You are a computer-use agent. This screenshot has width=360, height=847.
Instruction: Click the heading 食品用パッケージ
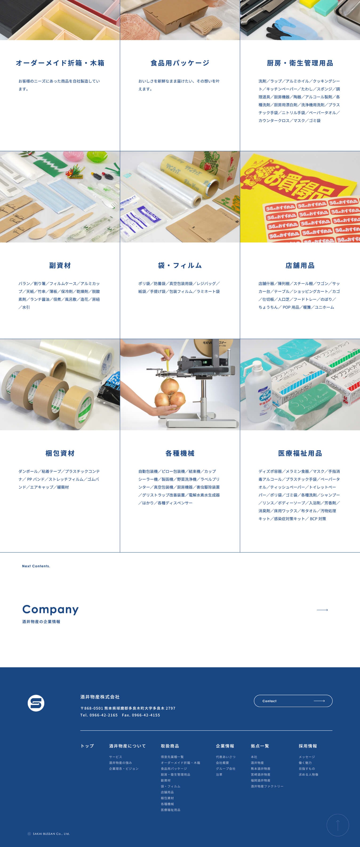[x=180, y=63]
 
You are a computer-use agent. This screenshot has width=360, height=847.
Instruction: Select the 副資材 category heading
[x=60, y=265]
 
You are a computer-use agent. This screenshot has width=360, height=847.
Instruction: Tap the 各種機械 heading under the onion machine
[x=180, y=453]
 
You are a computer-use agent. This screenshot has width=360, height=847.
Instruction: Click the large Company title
[x=50, y=609]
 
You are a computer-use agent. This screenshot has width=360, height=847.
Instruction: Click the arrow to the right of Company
[x=322, y=610]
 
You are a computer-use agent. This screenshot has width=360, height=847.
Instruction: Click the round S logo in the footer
[x=36, y=703]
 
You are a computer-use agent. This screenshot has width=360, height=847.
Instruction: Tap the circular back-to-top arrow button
[x=338, y=825]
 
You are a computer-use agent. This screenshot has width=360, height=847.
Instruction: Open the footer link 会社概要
[x=222, y=763]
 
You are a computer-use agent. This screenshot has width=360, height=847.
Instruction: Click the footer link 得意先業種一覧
[x=172, y=757]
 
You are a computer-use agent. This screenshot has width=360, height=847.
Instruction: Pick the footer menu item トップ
[x=87, y=746]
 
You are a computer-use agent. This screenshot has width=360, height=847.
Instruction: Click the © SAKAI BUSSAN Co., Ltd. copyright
[x=49, y=834]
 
